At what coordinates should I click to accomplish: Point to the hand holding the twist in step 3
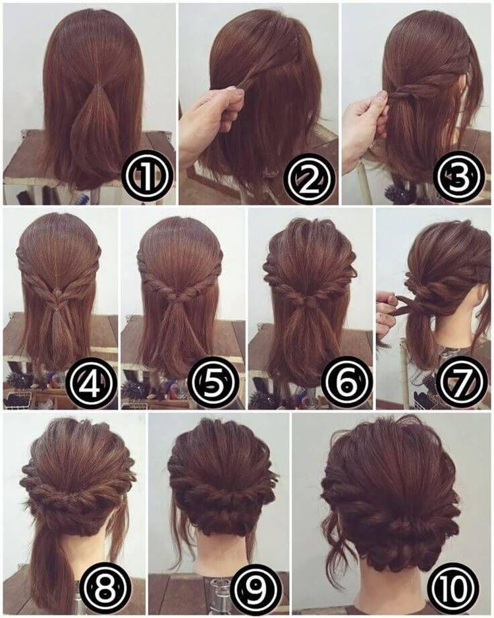[366, 122]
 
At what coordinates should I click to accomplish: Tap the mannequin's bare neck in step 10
[389, 590]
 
